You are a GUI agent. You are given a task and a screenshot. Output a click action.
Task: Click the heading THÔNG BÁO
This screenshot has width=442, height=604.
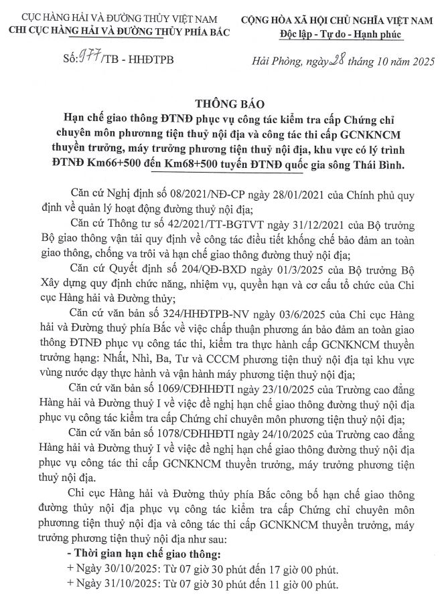tap(222, 105)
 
